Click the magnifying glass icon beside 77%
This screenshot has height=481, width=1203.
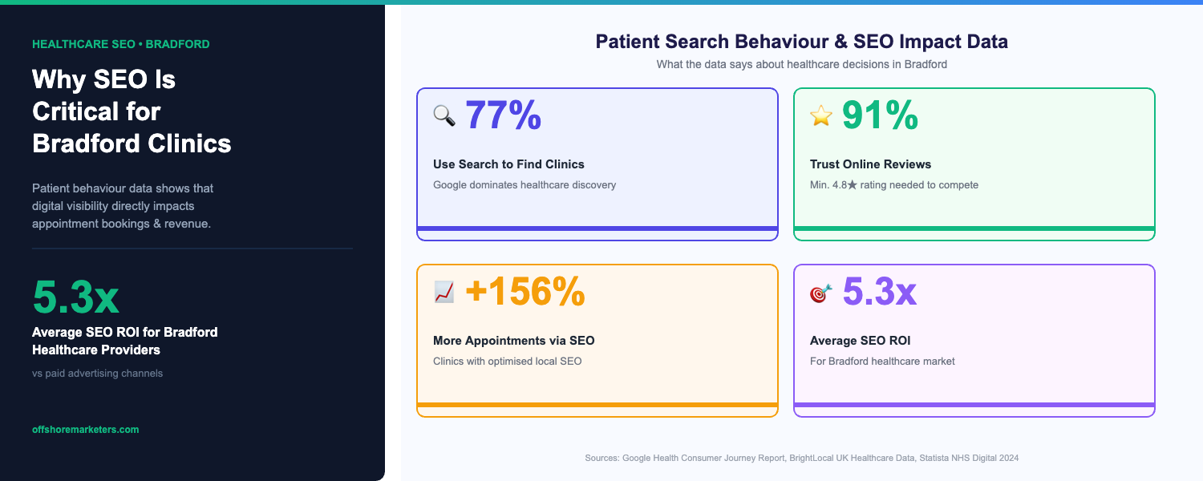click(444, 116)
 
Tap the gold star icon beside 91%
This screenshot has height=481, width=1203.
click(821, 116)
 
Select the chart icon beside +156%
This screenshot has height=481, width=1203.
click(444, 293)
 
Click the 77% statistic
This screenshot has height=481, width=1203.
click(503, 115)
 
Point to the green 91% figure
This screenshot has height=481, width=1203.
click(880, 115)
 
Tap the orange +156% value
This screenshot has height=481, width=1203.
click(525, 292)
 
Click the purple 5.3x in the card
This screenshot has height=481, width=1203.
click(879, 292)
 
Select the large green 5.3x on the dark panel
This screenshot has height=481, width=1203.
click(75, 297)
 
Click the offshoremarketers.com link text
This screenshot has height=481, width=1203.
click(85, 430)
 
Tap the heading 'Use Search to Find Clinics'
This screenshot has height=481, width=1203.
click(508, 164)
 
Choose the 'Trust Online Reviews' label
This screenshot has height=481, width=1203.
click(870, 164)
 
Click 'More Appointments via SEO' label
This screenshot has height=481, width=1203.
click(513, 341)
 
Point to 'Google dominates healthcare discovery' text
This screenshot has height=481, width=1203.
click(525, 185)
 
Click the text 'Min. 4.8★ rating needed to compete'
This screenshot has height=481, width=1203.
click(893, 185)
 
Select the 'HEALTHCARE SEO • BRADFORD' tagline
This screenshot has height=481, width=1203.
click(120, 44)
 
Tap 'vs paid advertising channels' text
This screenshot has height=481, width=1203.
click(97, 374)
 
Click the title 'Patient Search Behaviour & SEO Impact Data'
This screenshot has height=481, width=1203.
click(801, 42)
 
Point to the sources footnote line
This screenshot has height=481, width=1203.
click(801, 458)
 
